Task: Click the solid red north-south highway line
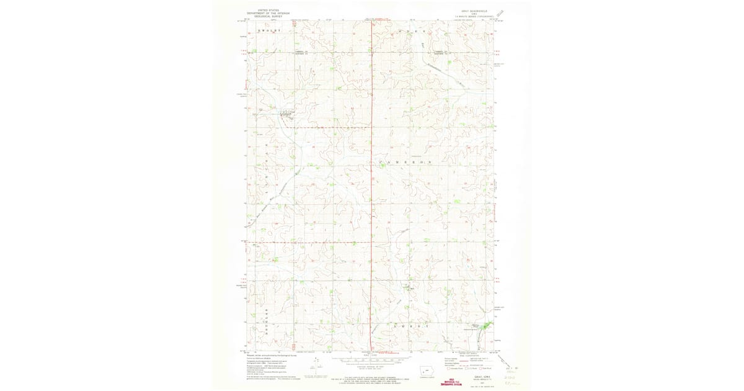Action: pyautogui.click(x=371, y=186)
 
